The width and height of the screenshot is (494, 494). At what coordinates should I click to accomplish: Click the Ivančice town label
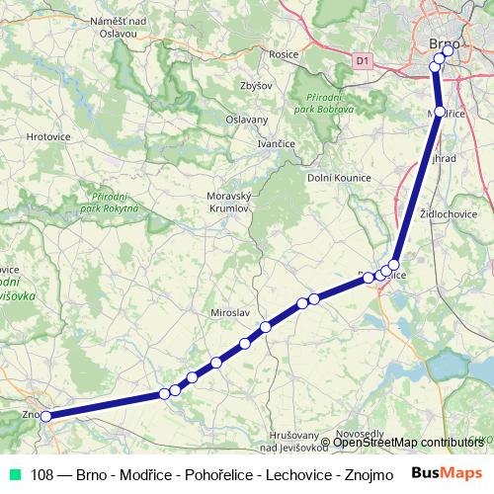click(277, 144)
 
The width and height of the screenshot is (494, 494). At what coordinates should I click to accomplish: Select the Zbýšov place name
click(255, 86)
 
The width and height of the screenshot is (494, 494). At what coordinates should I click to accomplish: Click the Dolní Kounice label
click(339, 177)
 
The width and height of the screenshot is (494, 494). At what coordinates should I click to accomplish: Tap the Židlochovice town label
click(449, 213)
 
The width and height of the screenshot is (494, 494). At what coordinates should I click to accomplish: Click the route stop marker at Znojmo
click(45, 416)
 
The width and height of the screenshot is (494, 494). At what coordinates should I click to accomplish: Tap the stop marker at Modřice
click(440, 113)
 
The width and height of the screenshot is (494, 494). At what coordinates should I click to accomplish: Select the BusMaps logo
click(446, 473)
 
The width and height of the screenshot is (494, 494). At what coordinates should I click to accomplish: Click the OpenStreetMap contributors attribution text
click(408, 442)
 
